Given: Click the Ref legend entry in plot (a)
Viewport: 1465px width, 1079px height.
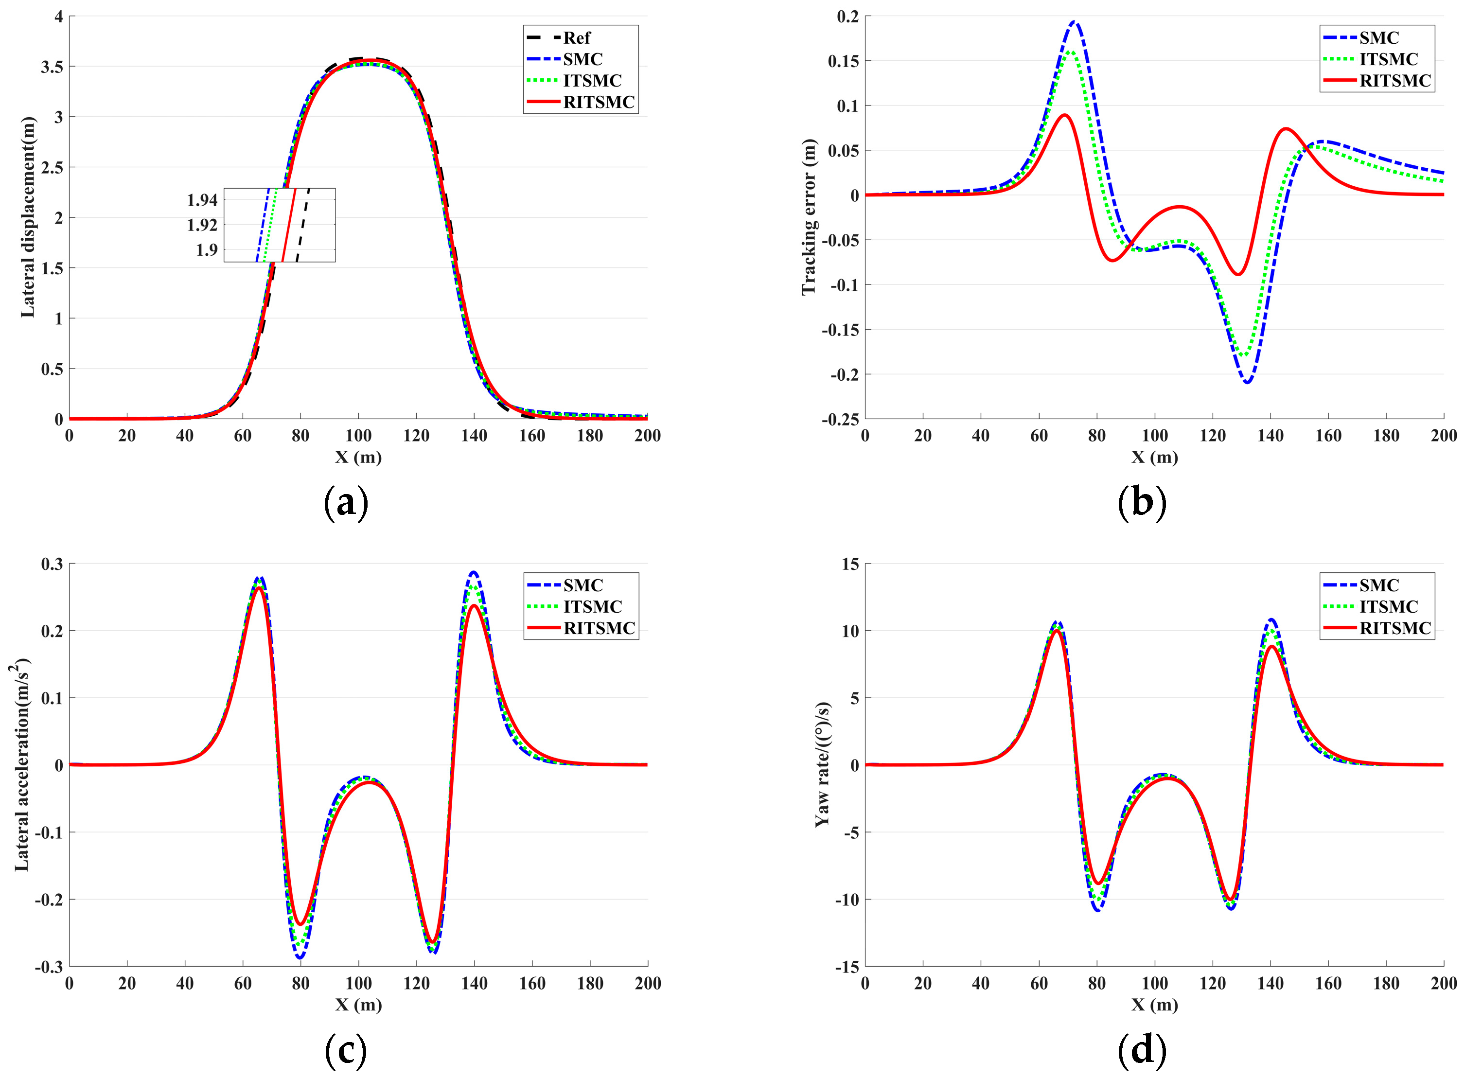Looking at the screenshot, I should [x=576, y=38].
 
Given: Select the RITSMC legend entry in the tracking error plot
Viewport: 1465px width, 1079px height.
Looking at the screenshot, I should [x=1394, y=81].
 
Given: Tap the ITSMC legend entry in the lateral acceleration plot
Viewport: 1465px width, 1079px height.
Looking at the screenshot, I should [x=592, y=607].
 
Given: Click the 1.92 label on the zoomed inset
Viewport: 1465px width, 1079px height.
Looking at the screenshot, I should [x=202, y=225].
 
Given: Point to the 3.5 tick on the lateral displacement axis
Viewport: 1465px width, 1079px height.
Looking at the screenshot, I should [x=52, y=67].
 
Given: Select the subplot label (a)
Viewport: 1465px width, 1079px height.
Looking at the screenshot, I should [x=346, y=503].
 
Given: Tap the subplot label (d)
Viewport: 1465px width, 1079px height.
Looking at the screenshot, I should [x=1141, y=1050].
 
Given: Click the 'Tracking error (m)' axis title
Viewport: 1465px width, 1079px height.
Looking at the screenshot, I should [x=809, y=217].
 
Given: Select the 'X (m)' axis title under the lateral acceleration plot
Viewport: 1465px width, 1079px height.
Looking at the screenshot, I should [x=358, y=1004].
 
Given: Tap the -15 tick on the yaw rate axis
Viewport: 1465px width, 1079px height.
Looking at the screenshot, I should [x=847, y=967].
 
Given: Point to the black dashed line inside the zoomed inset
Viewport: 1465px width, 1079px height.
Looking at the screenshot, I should [x=303, y=225].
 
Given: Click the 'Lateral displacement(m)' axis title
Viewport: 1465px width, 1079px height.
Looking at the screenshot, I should [x=27, y=217].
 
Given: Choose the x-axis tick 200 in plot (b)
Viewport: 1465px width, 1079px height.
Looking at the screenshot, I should [x=1444, y=436].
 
